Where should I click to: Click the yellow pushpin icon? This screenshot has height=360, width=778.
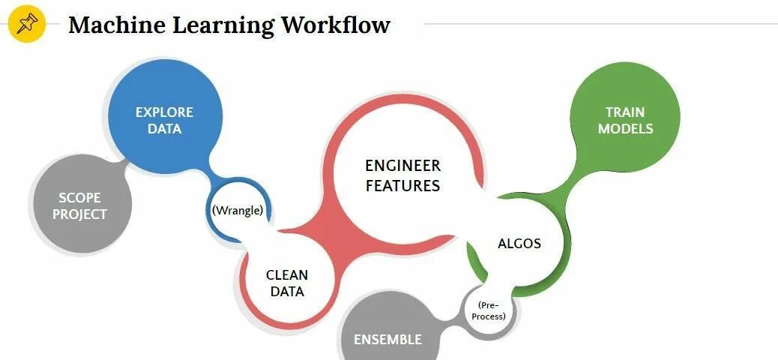26,25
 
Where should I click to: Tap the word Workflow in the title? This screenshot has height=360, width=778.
336,25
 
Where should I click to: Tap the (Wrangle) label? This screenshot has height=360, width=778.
238,210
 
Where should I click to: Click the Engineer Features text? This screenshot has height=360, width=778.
402,175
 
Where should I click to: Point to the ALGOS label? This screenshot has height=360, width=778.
519,244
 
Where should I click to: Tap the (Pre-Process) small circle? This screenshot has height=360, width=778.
492,310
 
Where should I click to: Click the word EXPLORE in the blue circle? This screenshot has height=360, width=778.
164,112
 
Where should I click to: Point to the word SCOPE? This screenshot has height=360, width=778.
80,198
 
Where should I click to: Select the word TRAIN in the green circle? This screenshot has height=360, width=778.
625,112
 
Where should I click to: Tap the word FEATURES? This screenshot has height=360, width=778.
402,184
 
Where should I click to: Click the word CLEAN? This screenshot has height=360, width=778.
286,275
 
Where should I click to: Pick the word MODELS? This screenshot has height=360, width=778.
625,129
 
